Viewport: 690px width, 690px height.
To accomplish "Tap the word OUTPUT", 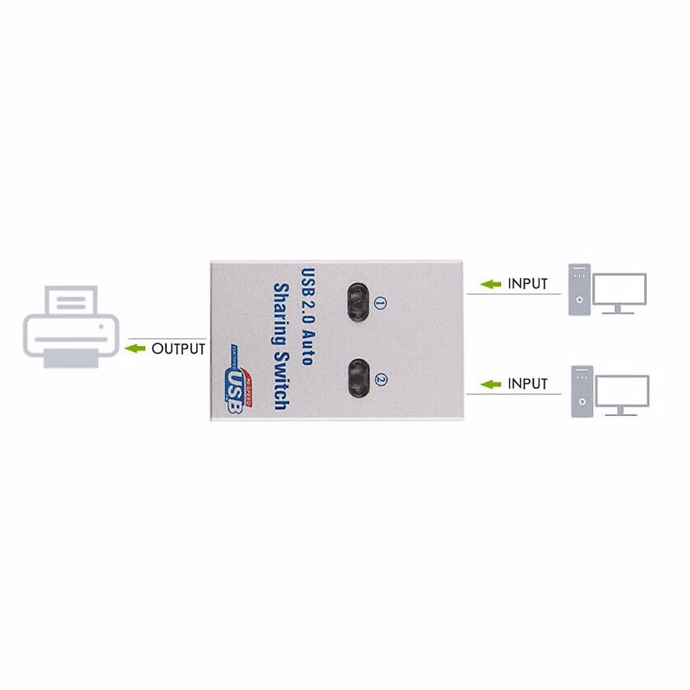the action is pyautogui.click(x=178, y=348).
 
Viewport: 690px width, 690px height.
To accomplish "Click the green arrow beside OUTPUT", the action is pyautogui.click(x=136, y=348).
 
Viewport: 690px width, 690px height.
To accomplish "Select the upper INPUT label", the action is pyautogui.click(x=527, y=283).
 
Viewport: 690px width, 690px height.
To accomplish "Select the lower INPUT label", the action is pyautogui.click(x=527, y=384).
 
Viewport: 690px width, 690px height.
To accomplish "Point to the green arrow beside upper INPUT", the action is pyautogui.click(x=491, y=283).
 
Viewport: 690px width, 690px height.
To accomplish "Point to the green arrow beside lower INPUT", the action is pyautogui.click(x=491, y=384).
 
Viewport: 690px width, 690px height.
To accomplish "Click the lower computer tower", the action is pyautogui.click(x=582, y=391).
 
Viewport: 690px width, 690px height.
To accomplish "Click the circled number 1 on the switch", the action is pyautogui.click(x=379, y=302).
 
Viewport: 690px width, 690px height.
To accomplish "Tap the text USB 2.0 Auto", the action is pyautogui.click(x=307, y=316).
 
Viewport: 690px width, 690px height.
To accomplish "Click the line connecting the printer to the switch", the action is pyautogui.click(x=167, y=339).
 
